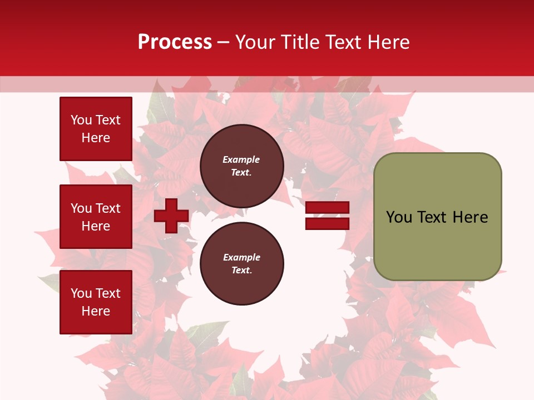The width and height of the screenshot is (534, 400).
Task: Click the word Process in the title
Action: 175,42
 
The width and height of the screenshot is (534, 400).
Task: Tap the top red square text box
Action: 96,129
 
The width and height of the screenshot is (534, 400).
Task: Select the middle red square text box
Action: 96,217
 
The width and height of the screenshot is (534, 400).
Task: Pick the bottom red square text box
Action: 96,302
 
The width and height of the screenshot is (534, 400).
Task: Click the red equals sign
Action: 327,216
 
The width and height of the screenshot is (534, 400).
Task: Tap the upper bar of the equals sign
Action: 327,208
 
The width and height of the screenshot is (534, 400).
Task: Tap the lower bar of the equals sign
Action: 327,223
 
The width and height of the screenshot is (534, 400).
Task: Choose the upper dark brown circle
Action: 242,166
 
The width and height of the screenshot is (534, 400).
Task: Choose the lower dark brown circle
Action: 242,263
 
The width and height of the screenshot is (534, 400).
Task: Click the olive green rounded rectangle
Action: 437,217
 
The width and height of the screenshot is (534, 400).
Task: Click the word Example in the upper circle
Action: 241,159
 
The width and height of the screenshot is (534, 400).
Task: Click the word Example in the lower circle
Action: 241,257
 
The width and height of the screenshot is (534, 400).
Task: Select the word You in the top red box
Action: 81,120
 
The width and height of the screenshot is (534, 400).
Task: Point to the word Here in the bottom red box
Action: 96,311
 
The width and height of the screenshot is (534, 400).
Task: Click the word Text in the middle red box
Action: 108,208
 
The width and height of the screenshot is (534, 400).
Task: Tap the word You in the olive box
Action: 399,217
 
